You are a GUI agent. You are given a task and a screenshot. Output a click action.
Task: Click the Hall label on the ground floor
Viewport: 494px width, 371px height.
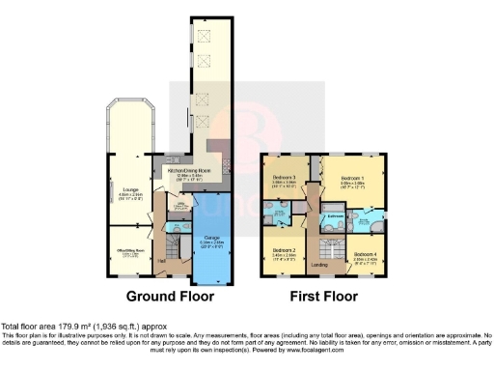tap(162, 262)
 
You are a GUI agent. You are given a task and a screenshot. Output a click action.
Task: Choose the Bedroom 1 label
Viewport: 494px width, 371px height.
tap(350, 178)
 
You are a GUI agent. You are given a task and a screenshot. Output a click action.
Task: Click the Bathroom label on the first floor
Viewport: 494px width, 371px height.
tap(334, 215)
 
